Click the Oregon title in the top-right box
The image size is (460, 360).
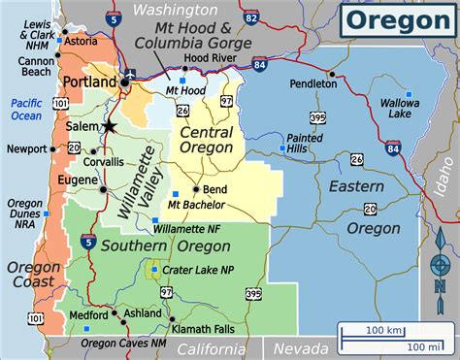click(398, 20)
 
